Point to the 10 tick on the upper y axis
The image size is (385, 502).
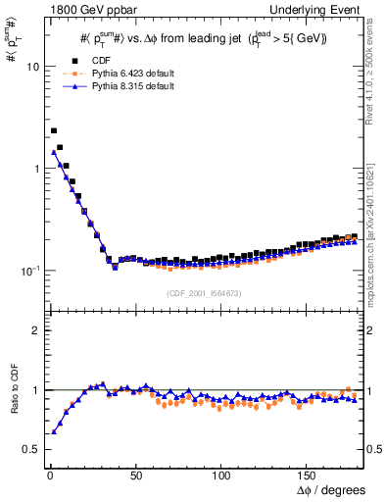click(32, 67)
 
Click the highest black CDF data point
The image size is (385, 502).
click(54, 130)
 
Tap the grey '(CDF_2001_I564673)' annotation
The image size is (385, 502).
click(203, 292)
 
